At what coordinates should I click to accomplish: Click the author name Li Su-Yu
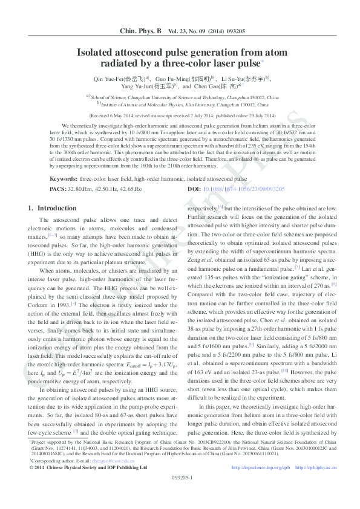(231, 79)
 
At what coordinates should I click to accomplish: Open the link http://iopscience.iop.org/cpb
(261, 484)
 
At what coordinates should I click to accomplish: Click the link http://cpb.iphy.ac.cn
(313, 484)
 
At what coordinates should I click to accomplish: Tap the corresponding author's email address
(111, 477)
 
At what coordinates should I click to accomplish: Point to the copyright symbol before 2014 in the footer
(31, 484)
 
